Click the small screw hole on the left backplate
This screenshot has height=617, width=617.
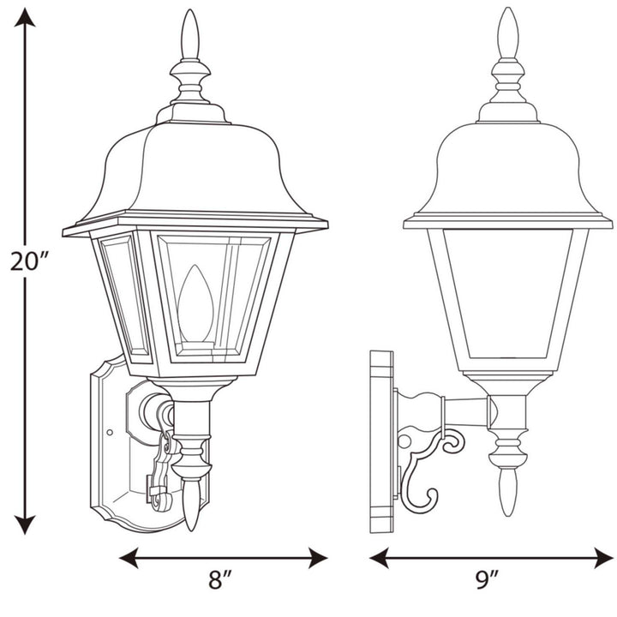pos(109,431)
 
